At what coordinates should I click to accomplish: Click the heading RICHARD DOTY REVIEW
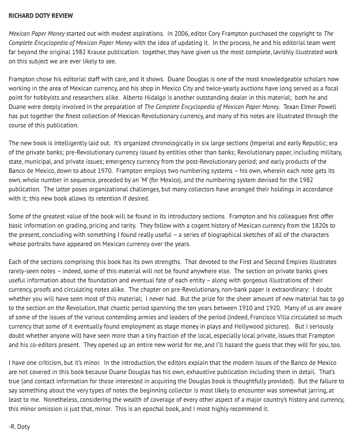40,16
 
